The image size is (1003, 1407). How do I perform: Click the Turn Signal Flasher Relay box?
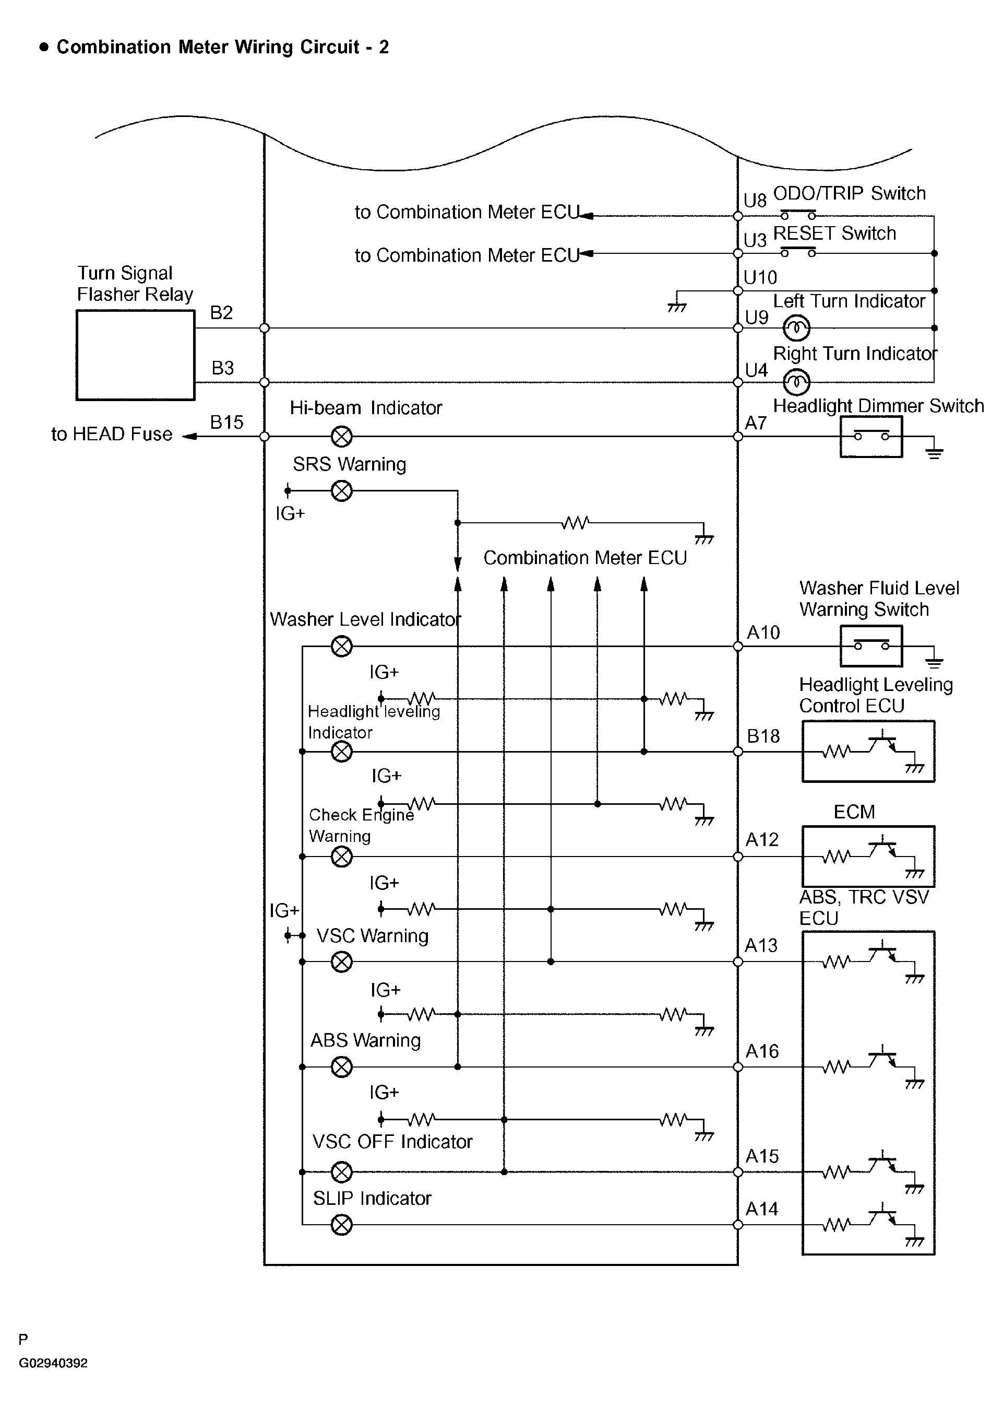[x=135, y=355]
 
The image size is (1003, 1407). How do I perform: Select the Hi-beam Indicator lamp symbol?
[x=341, y=437]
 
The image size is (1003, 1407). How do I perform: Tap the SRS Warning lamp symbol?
[x=341, y=491]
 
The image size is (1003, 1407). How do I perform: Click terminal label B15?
[x=226, y=423]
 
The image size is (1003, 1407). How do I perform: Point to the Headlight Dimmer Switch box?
[x=871, y=437]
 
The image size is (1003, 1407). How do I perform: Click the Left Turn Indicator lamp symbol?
[x=797, y=328]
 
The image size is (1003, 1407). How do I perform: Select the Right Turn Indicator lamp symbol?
[x=797, y=382]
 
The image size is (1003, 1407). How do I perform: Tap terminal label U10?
[x=760, y=278]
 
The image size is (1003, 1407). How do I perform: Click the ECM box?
[x=868, y=857]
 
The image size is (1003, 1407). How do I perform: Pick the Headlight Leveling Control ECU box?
[x=868, y=752]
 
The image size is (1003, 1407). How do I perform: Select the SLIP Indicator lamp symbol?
[x=341, y=1225]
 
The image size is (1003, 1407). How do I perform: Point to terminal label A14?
[x=761, y=1209]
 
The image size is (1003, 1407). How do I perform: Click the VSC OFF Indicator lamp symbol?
[x=341, y=1171]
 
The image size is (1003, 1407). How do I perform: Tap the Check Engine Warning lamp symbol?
[x=341, y=857]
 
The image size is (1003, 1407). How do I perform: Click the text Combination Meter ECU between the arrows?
[x=585, y=558]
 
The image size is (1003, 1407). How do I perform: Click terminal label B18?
[x=763, y=736]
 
